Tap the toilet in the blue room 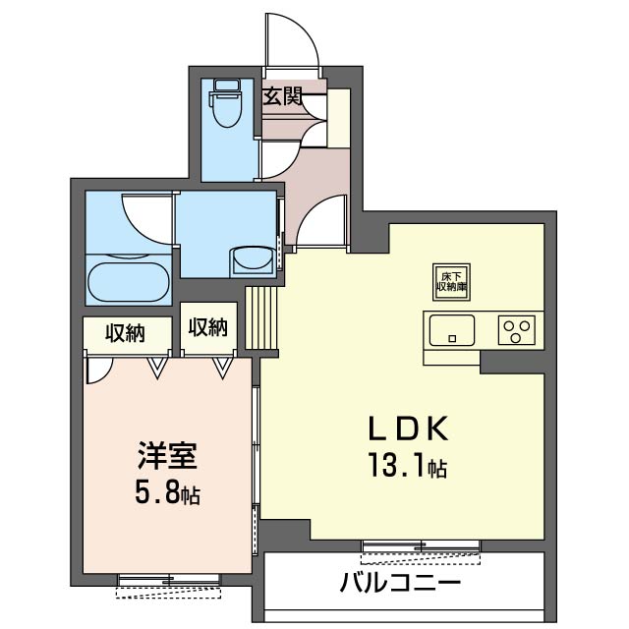[225, 105]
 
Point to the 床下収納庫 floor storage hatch [450, 281]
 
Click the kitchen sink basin [451, 329]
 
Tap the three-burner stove [518, 329]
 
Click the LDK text [408, 429]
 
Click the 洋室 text [167, 457]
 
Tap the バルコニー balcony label [401, 582]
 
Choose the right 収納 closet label [208, 327]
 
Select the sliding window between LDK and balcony [421, 545]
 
